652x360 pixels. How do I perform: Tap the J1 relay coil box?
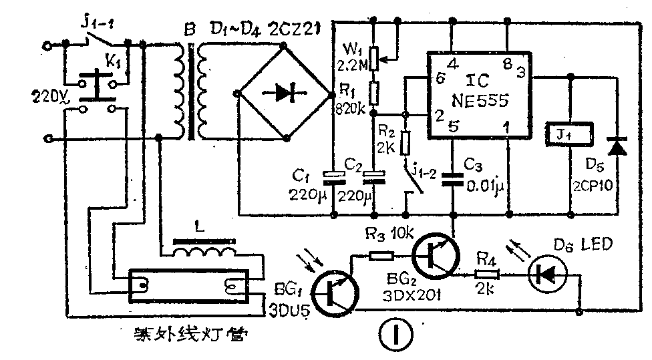click(x=569, y=134)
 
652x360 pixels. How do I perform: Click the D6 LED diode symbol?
click(x=545, y=273)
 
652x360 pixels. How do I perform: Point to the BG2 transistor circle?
click(x=436, y=256)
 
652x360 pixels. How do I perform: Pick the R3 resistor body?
click(x=381, y=254)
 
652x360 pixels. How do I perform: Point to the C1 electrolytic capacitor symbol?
click(x=333, y=176)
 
